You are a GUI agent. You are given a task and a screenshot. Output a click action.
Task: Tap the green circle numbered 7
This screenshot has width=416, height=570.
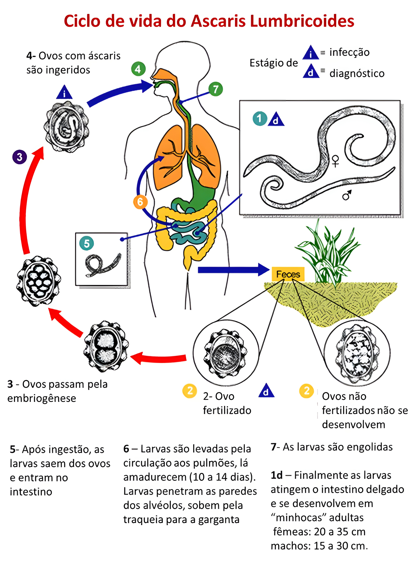[216, 89]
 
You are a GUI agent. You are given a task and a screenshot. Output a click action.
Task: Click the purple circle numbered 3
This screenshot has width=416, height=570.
[19, 157]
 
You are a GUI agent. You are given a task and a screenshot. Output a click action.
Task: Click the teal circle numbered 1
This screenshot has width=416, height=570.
[260, 118]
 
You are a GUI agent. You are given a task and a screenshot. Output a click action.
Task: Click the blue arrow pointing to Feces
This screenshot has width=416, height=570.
[233, 270]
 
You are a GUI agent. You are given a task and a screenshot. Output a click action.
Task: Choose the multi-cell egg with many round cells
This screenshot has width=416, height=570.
[39, 281]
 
